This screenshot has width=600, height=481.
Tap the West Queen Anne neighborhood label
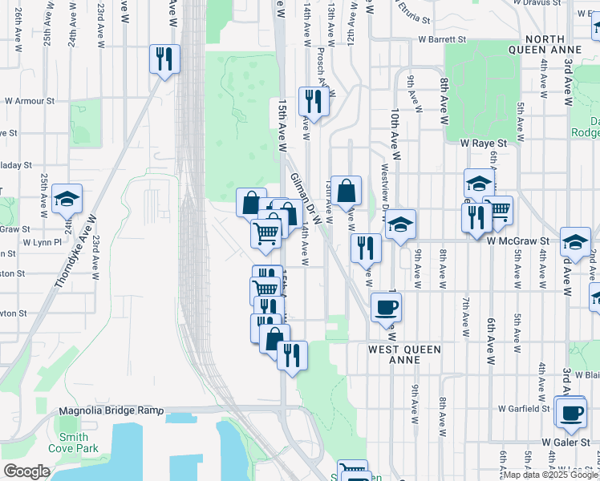pos(405,354)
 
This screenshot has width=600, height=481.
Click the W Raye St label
pos(484,142)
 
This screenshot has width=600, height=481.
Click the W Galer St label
pos(565,442)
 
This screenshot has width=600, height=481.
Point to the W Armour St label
pos(30,102)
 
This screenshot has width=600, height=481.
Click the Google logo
pos(26,471)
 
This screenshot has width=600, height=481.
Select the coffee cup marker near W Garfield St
pos(570,412)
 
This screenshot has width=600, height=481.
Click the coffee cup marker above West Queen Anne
pos(386,307)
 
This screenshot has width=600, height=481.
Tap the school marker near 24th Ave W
pos(67,200)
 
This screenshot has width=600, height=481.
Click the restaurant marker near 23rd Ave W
pos(164,59)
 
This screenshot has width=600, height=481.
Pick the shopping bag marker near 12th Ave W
pos(346,192)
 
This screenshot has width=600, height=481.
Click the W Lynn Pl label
pos(42,241)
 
